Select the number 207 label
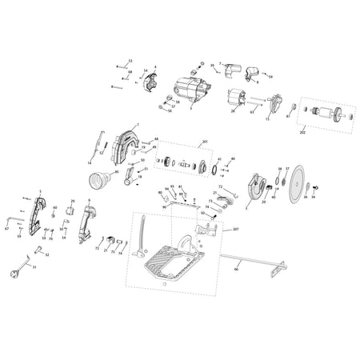point(235,230)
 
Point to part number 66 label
point(236,270)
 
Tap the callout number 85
point(117,171)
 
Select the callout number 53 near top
point(130,60)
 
